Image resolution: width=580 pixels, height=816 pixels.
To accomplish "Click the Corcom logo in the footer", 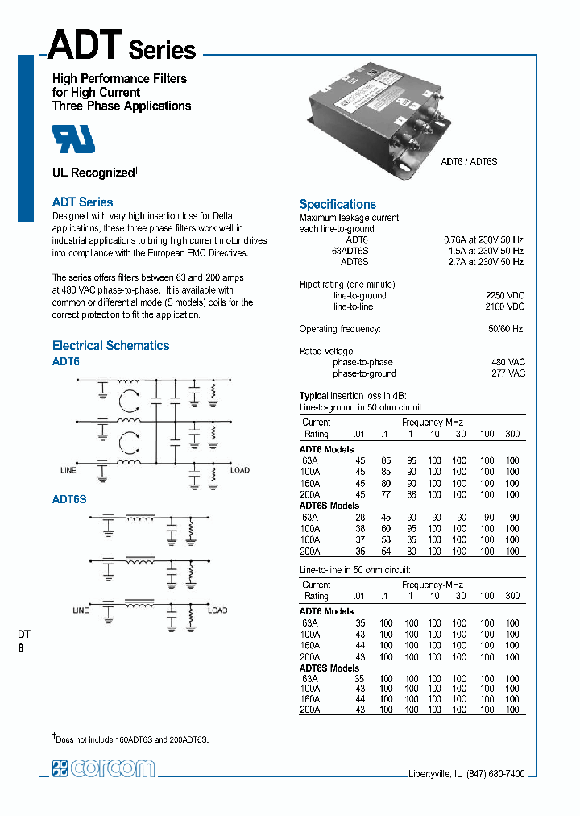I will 103,768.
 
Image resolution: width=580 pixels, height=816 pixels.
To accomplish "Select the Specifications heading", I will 338,204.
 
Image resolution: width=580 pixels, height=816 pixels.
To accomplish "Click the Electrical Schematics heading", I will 110,345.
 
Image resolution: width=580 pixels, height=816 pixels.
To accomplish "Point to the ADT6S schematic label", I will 69,499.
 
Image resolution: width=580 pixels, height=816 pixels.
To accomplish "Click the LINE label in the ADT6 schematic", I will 68,469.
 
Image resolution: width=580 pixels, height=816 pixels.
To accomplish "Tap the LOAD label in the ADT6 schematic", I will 240,469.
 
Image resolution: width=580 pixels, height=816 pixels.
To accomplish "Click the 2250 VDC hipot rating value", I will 505,295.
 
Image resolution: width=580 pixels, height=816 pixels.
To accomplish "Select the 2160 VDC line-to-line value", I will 505,306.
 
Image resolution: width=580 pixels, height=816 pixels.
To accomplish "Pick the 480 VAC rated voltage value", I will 508,362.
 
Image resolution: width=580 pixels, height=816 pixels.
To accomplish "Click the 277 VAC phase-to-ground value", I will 508,373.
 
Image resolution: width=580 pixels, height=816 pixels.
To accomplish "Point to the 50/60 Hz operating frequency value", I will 505,329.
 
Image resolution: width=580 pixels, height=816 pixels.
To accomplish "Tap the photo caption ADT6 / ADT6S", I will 469,162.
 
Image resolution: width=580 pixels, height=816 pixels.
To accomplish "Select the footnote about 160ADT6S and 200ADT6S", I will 133,738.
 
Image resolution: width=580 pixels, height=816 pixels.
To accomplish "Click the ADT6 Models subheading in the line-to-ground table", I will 326,449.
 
